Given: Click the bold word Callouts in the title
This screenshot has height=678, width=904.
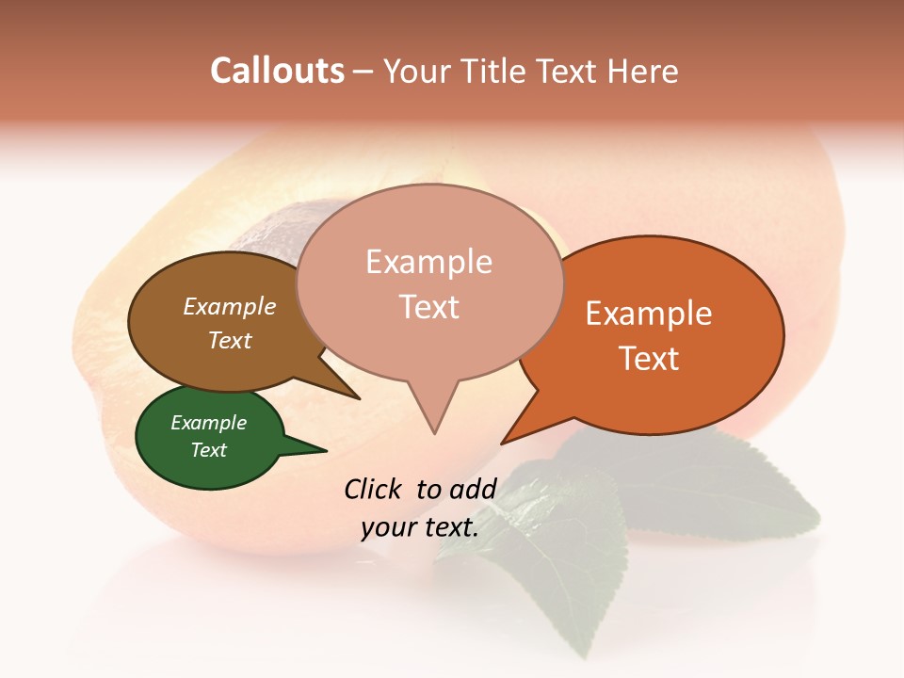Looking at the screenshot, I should click(277, 71).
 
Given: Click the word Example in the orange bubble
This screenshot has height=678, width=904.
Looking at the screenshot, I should click(648, 314).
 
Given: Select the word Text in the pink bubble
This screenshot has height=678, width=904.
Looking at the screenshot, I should click(429, 307).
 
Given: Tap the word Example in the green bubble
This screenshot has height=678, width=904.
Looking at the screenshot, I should click(209, 423).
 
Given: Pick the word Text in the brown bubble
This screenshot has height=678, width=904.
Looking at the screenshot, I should click(230, 340).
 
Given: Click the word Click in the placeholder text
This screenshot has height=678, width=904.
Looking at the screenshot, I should click(375, 489).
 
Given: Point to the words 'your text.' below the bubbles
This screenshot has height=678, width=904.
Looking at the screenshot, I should click(420, 527).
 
